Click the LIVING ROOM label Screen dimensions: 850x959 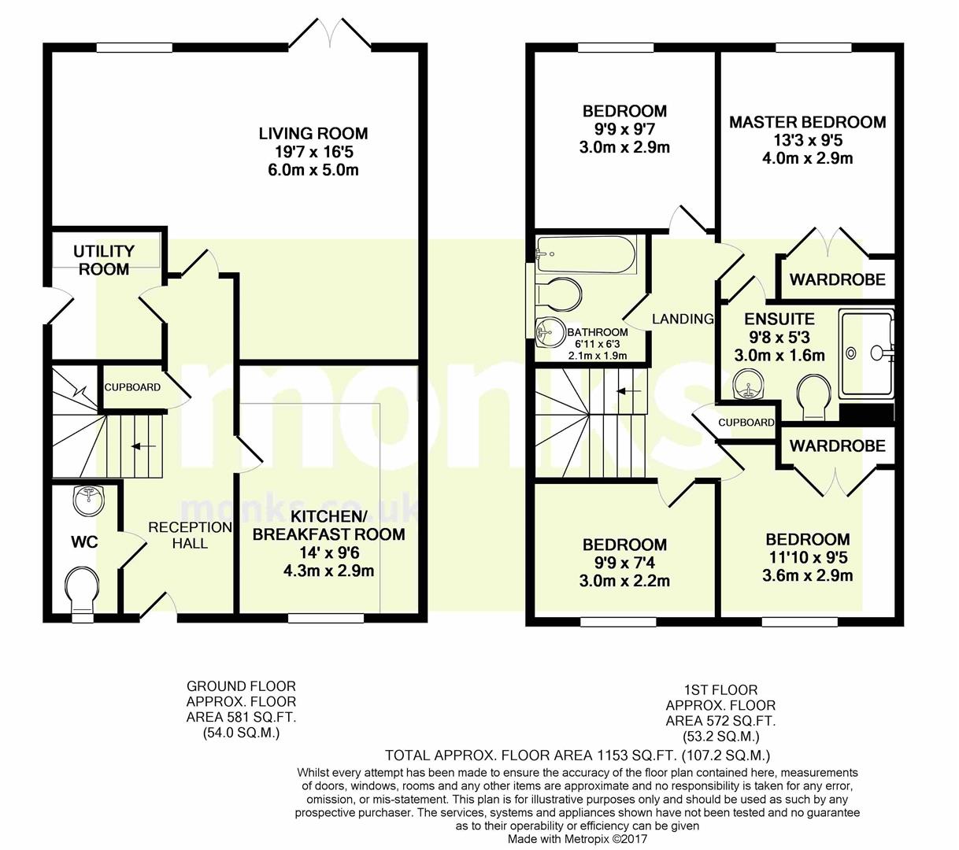[x=313, y=134]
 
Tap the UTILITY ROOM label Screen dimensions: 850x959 [x=104, y=261]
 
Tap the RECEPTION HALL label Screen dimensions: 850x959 [x=190, y=535]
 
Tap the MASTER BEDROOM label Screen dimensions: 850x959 [x=807, y=122]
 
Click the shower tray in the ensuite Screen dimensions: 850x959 [x=866, y=352]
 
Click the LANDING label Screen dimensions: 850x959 [x=683, y=319]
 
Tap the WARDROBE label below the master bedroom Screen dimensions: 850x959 [x=837, y=279]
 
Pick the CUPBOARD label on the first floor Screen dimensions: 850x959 [x=746, y=423]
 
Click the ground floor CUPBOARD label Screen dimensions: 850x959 [x=132, y=387]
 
